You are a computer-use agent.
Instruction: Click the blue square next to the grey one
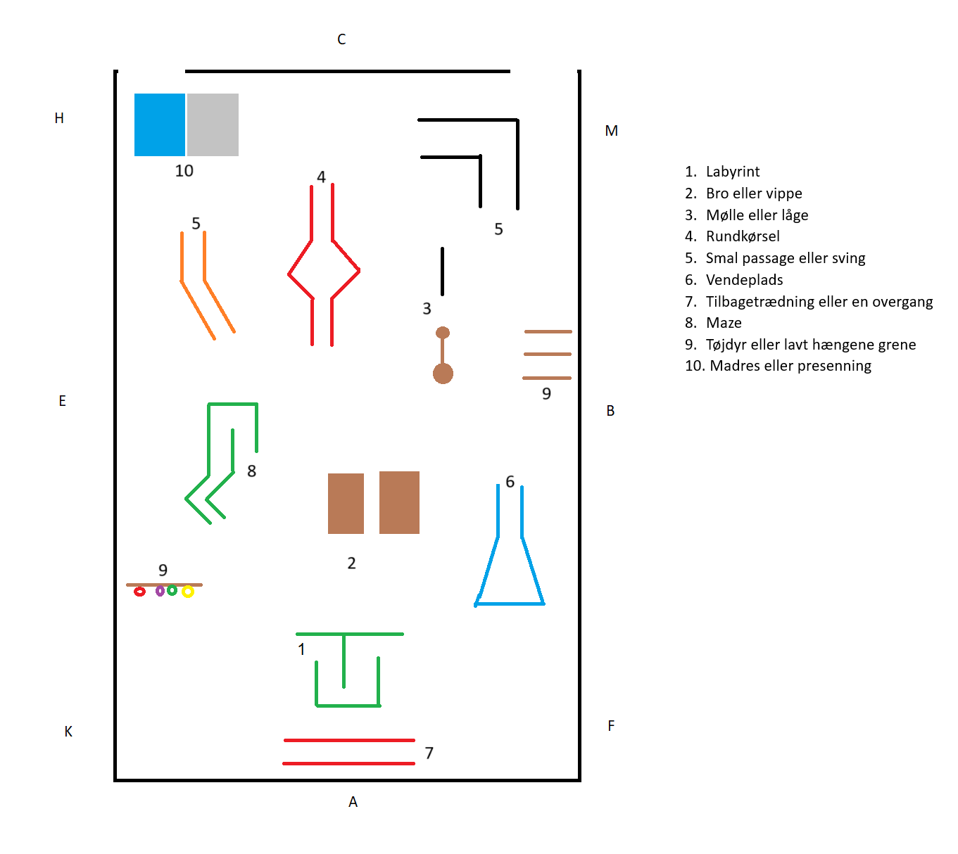tap(160, 125)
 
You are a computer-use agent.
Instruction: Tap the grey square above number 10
tap(213, 125)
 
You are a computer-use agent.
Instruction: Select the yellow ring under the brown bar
tap(188, 592)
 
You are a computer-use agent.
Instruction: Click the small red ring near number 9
tap(139, 592)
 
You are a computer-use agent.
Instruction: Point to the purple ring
tap(160, 591)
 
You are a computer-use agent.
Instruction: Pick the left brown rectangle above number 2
tap(346, 503)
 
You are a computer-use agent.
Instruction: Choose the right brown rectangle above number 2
tap(399, 502)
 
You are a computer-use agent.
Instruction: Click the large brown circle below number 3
tap(443, 374)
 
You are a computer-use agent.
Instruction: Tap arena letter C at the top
tap(341, 39)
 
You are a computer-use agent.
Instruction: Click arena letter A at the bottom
tap(353, 802)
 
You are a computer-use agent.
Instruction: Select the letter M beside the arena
tap(611, 131)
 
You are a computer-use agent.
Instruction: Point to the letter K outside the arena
tap(68, 732)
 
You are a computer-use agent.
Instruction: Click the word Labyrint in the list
tap(733, 172)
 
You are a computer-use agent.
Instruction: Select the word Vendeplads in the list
tap(744, 280)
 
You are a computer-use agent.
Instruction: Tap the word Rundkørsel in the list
tap(743, 236)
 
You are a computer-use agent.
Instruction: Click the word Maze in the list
tap(724, 323)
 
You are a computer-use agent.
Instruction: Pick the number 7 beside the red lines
tap(429, 753)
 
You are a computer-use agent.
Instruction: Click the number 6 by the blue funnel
tap(510, 482)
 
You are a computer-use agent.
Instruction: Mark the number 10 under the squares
tap(184, 171)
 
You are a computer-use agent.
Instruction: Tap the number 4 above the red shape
tap(321, 177)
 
